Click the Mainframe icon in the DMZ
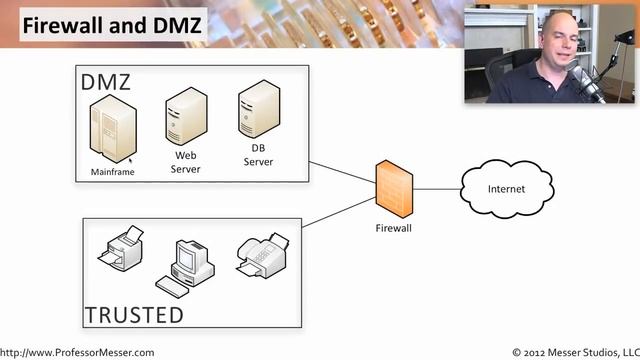113,129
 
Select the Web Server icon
186,116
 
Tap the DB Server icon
259,109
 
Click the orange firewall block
394,189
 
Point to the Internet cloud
507,189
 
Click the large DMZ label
106,82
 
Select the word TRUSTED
134,315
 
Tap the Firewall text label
393,228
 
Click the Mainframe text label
112,172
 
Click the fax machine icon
263,256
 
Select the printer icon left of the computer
121,247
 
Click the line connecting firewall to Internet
437,189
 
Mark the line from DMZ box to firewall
342,172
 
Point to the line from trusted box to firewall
339,212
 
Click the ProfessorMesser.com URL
77,353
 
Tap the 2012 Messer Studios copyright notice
576,353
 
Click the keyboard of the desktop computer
172,287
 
